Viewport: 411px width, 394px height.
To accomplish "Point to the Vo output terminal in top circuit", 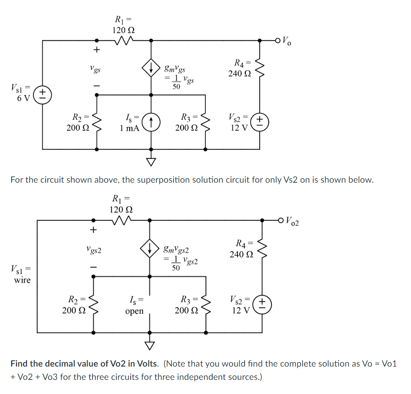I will point(279,40).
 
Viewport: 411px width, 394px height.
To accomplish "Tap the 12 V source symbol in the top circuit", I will point(260,122).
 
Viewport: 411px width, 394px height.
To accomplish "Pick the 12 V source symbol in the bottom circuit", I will point(262,305).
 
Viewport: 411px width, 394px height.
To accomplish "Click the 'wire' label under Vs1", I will point(22,280).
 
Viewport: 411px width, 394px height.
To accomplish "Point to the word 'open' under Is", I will point(134,311).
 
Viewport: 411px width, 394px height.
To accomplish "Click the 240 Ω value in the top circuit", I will point(240,73).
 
